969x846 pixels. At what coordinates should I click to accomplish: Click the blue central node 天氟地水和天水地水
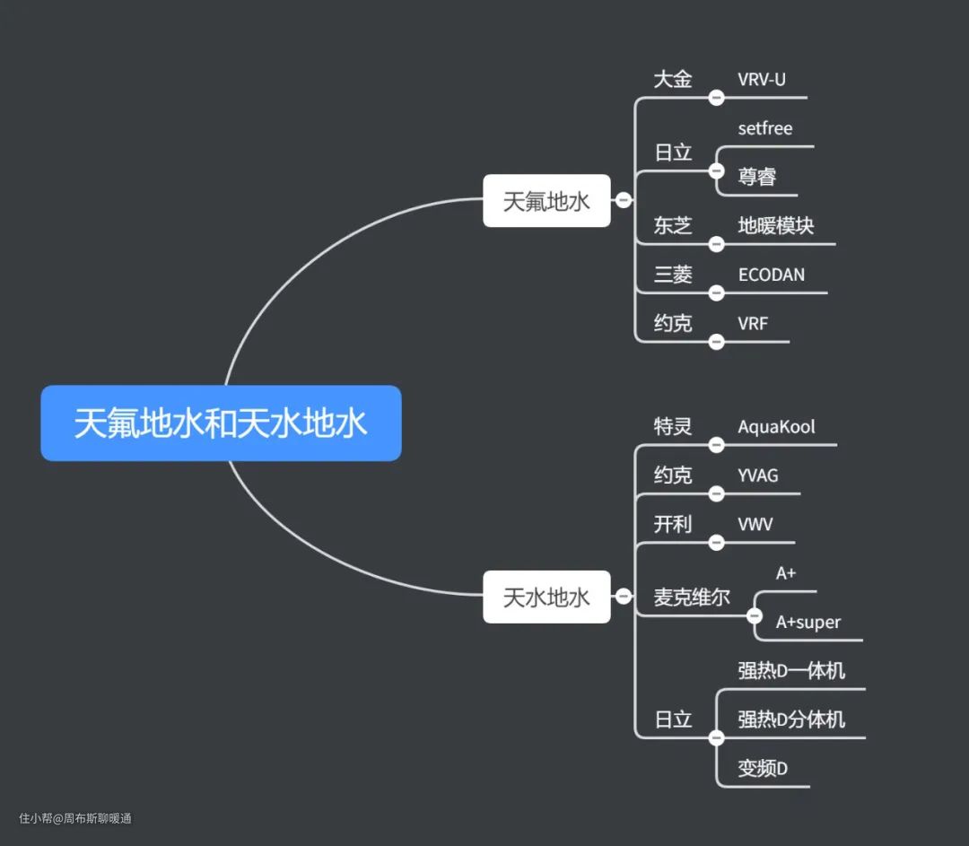tap(221, 423)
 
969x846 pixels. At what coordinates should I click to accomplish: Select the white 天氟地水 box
tap(546, 201)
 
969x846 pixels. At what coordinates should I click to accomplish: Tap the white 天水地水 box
tap(546, 597)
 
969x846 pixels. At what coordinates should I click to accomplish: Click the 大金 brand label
tap(673, 79)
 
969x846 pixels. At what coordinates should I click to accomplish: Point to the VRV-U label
tap(762, 79)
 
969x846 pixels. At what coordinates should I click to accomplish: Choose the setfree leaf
tap(765, 128)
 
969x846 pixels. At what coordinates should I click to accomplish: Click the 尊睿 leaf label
tap(757, 177)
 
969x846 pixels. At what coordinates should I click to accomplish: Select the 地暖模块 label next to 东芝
tap(776, 225)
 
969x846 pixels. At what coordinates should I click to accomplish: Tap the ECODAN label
tap(772, 275)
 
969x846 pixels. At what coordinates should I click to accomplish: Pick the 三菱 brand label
tap(673, 275)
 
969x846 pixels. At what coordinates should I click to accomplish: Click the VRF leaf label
tap(753, 323)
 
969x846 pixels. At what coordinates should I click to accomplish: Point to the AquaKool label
tap(777, 426)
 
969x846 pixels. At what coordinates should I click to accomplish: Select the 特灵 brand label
tap(673, 426)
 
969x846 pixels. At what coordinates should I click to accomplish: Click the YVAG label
tap(758, 475)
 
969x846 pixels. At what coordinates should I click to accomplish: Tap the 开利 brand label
tap(673, 524)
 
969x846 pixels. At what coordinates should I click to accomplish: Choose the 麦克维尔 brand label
tap(692, 597)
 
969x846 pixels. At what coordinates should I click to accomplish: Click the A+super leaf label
tap(808, 622)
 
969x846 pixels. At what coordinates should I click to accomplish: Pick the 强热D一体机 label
tap(791, 670)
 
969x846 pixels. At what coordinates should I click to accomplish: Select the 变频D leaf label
tap(763, 769)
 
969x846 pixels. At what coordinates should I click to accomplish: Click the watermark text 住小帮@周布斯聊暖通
tap(75, 818)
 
